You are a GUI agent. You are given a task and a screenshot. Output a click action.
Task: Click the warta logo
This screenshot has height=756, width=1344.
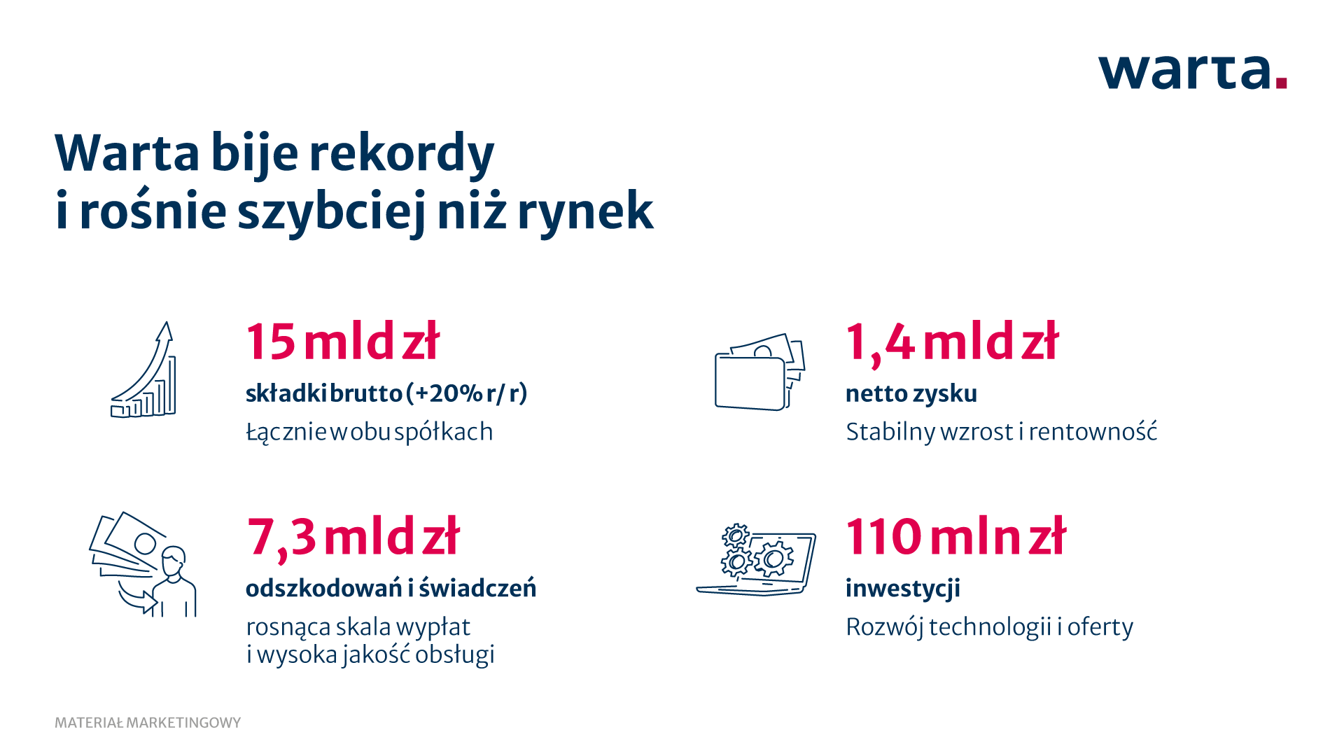coord(1193,72)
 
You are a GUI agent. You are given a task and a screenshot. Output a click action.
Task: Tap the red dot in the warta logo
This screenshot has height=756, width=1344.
coord(1281,83)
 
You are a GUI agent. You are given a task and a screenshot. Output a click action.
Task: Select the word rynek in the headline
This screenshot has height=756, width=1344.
coord(585,211)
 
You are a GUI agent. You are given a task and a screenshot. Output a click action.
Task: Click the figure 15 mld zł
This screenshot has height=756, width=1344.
coord(342,342)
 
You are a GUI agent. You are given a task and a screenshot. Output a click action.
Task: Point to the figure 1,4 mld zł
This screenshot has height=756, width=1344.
coord(952,342)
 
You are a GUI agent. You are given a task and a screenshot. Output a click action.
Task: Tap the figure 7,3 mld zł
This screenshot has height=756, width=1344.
coord(353,537)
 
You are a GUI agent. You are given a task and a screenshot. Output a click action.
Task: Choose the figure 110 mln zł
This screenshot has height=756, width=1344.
coord(955,536)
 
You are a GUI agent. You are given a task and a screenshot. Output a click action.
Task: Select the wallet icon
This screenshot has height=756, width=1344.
coord(759,372)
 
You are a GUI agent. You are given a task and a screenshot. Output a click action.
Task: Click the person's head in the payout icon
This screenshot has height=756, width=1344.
coord(174,561)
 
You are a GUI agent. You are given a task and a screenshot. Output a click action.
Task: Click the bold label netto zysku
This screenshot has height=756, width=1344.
coord(911,393)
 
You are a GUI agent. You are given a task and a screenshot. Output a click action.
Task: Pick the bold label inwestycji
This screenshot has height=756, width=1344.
coord(903,589)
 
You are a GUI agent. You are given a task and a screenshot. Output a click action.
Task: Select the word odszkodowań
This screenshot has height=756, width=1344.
coord(324,588)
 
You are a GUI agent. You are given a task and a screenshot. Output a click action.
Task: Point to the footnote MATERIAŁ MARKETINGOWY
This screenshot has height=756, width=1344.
coord(148,722)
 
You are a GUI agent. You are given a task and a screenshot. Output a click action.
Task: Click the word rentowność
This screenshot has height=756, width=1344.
coord(1093,431)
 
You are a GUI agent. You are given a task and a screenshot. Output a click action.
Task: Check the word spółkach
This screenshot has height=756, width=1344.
coord(444,432)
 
